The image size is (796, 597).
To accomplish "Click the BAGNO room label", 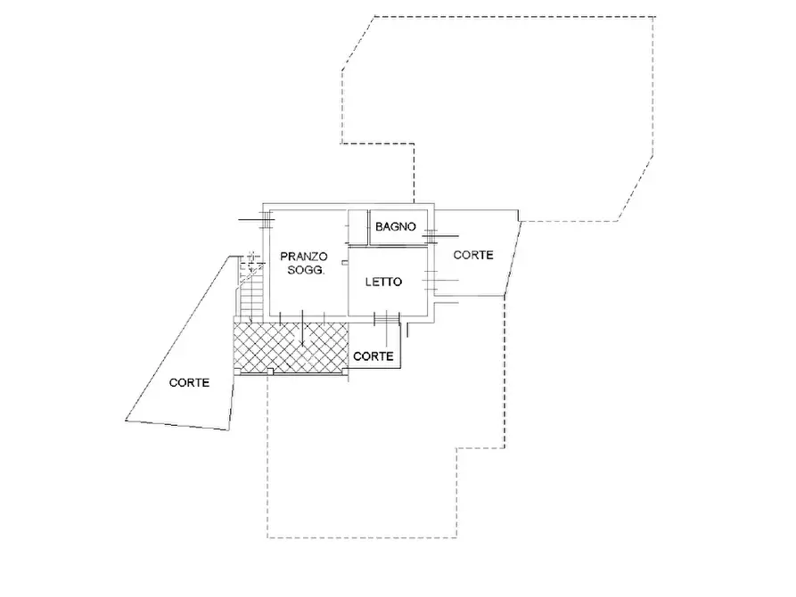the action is [396, 226].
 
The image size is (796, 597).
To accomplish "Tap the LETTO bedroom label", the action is [383, 282].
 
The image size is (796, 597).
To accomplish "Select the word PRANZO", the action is [304, 257].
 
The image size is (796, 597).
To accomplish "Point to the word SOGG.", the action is [306, 270].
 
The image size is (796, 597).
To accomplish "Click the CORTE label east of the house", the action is [473, 255].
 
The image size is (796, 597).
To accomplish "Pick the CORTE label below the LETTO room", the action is [373, 356].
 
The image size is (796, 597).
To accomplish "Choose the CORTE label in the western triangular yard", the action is [189, 383].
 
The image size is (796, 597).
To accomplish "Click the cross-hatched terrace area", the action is [291, 346].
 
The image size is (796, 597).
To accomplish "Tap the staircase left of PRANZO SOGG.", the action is [250, 287].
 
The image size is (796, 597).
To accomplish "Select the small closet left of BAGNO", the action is [358, 226].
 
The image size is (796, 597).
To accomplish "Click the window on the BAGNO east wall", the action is [430, 236].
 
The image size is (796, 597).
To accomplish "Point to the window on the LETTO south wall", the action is [387, 320].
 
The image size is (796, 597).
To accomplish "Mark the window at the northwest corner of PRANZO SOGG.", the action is [266, 219].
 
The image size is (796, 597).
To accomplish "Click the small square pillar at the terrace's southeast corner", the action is [345, 372].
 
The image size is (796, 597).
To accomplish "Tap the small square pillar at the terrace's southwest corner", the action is [237, 372].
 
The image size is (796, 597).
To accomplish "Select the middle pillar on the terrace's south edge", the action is [271, 372].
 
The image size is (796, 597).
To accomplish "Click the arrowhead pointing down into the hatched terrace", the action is [302, 344].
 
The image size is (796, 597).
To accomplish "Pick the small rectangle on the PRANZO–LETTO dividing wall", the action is [345, 263].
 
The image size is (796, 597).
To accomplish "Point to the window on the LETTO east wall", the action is [432, 280].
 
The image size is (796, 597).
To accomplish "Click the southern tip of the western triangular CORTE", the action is [228, 430].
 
